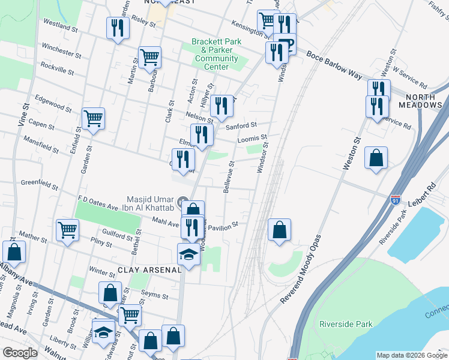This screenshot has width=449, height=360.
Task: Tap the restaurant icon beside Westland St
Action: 117,28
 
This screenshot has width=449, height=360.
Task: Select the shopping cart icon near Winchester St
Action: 149,58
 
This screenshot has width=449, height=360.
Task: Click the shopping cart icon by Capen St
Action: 93,118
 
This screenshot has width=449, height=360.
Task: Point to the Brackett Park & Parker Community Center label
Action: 215,54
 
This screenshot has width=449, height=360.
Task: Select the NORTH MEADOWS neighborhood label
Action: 415,101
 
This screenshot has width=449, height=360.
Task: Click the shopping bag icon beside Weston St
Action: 376,158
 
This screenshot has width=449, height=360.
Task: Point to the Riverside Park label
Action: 346,324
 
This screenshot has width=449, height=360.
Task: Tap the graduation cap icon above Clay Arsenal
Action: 188,254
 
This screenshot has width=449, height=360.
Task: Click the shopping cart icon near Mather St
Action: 67,229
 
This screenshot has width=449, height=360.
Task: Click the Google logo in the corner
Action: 20,353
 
